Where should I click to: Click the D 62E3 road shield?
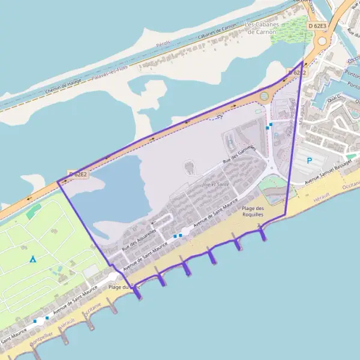(x=317, y=26)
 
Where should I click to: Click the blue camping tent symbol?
(x=33, y=259)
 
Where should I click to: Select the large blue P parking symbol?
(x=310, y=160)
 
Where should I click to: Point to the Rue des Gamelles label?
(x=239, y=155)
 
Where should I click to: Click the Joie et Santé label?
(x=216, y=184)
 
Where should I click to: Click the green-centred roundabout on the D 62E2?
(x=264, y=96)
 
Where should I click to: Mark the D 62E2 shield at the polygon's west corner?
(x=77, y=175)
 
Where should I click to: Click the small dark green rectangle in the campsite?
(x=34, y=211)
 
